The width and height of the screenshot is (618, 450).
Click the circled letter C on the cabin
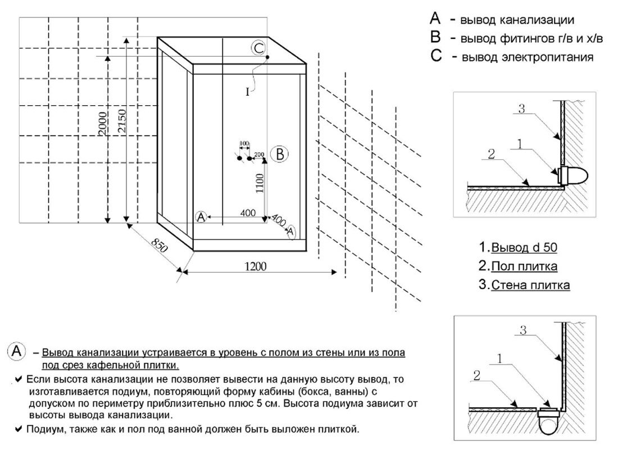coord(258,48)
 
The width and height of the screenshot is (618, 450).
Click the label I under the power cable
coord(247,92)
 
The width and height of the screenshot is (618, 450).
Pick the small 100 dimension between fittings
coord(244,144)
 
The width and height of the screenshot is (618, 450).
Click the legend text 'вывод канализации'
coord(517,21)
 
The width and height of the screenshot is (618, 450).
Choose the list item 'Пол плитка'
coord(524,267)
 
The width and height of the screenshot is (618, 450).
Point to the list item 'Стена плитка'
coord(530,285)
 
